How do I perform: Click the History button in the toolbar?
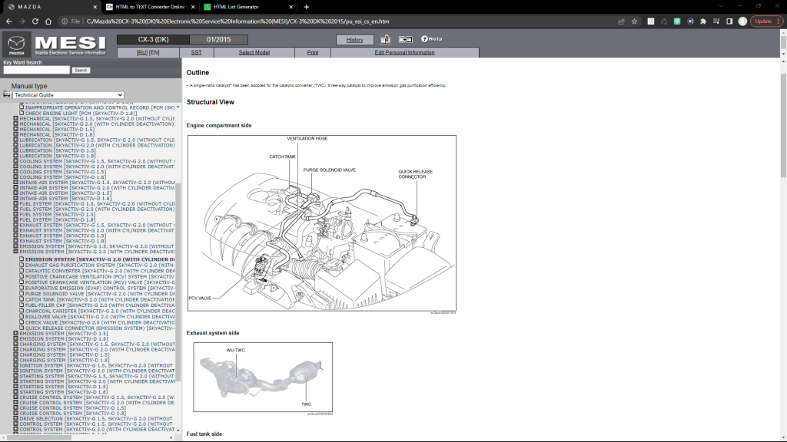pyautogui.click(x=354, y=39)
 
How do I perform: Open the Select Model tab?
pyautogui.click(x=254, y=52)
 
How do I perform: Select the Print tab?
pyautogui.click(x=313, y=52)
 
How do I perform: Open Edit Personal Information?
pyautogui.click(x=404, y=52)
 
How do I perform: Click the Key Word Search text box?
pyautogui.click(x=36, y=70)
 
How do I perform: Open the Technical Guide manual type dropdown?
pyautogui.click(x=68, y=95)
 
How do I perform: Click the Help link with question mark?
pyautogui.click(x=431, y=39)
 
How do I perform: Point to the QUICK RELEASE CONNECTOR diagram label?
pyautogui.click(x=412, y=173)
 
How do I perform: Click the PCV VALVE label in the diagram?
pyautogui.click(x=200, y=298)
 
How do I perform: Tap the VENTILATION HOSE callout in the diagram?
pyautogui.click(x=307, y=139)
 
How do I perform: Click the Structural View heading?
pyautogui.click(x=210, y=102)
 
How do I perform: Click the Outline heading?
pyautogui.click(x=198, y=72)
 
